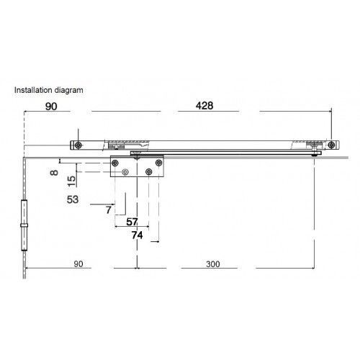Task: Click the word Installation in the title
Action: tap(33, 90)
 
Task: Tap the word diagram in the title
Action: tap(69, 91)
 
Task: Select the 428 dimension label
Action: tap(204, 106)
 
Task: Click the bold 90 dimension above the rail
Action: tap(51, 107)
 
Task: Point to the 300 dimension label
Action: tap(213, 264)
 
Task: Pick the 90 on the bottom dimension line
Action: tap(78, 264)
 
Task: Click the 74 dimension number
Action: tap(137, 235)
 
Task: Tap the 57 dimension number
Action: tap(132, 222)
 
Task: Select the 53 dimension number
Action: tap(73, 199)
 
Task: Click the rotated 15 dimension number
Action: tap(71, 181)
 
